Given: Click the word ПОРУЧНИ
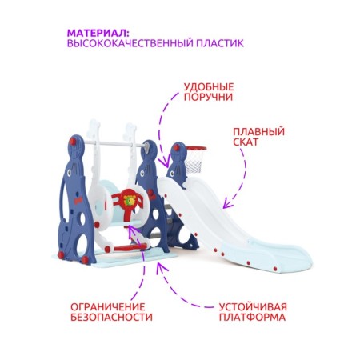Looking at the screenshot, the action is [x=208, y=97].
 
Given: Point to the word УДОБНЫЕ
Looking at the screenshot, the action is [x=209, y=86].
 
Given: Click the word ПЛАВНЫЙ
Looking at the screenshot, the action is [x=258, y=132].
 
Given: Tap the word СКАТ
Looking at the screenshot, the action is [x=246, y=142].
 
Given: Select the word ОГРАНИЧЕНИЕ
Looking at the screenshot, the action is [x=108, y=306].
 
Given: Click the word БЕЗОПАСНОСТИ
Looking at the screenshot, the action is [x=111, y=317].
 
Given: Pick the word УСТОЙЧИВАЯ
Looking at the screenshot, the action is [x=253, y=306].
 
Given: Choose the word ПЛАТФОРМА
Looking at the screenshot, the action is [x=252, y=317].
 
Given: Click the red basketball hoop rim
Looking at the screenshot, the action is [x=196, y=148].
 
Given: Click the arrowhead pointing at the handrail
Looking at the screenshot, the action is [x=166, y=162].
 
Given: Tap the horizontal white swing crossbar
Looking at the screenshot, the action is [x=114, y=144].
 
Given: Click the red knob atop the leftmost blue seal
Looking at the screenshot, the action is [x=73, y=142].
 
